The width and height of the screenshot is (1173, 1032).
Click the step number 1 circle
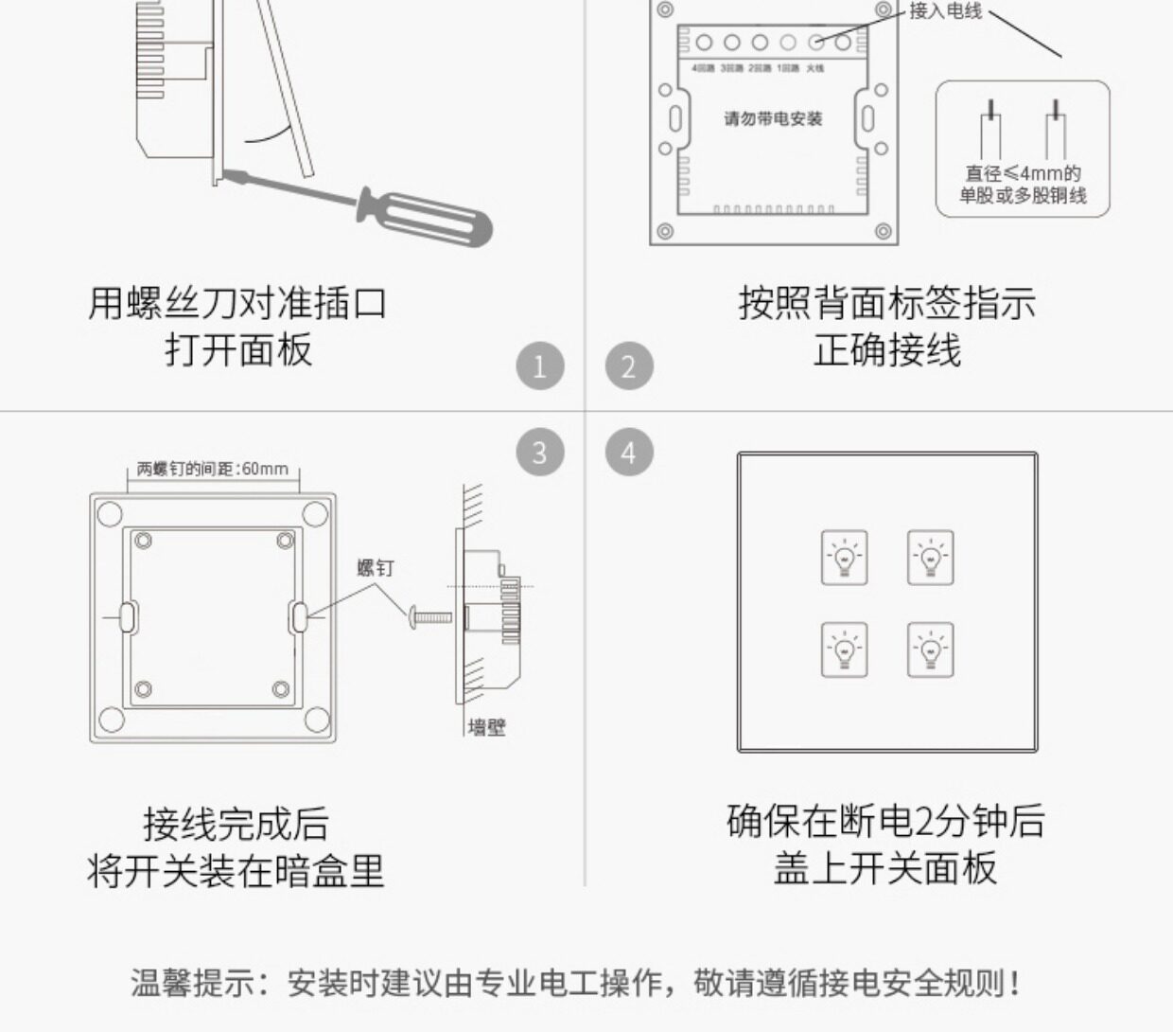540,366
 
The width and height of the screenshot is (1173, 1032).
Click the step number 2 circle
629,366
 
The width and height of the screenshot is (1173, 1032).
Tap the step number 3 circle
540,453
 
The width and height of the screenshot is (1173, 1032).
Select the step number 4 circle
629,453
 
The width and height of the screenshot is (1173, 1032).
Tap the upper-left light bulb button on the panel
844,558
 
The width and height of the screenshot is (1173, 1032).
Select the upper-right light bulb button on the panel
931,558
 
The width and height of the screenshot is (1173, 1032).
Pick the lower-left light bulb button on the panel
844,649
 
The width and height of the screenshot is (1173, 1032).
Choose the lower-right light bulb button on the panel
931,649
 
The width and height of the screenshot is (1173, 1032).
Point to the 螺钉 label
375,568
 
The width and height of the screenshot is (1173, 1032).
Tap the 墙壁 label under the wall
487,727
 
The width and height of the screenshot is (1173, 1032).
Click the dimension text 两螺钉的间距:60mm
213,469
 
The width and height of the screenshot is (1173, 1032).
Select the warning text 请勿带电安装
773,118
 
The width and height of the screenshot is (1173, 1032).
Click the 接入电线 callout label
946,11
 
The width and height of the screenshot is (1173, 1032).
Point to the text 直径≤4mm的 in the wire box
1023,173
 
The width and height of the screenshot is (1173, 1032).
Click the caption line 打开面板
238,350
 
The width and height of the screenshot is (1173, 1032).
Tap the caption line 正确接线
887,350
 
